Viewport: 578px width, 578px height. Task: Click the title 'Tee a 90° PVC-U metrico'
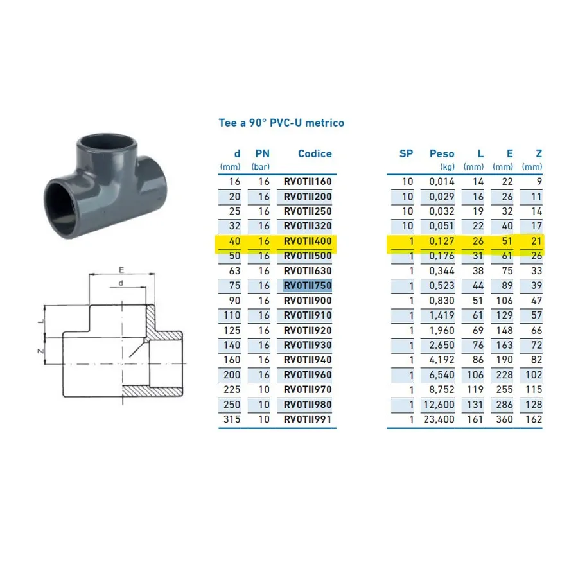[281, 123]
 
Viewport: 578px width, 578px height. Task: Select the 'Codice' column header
[315, 153]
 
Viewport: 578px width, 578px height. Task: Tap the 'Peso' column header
[442, 153]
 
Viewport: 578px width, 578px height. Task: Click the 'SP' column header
[407, 153]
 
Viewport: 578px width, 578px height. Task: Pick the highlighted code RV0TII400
[308, 241]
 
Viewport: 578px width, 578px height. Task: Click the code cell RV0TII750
[308, 286]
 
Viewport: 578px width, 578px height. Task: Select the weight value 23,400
[439, 419]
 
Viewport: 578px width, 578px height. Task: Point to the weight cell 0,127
[442, 241]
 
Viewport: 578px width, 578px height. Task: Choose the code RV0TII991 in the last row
[308, 419]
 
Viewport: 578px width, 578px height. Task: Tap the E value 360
[504, 419]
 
